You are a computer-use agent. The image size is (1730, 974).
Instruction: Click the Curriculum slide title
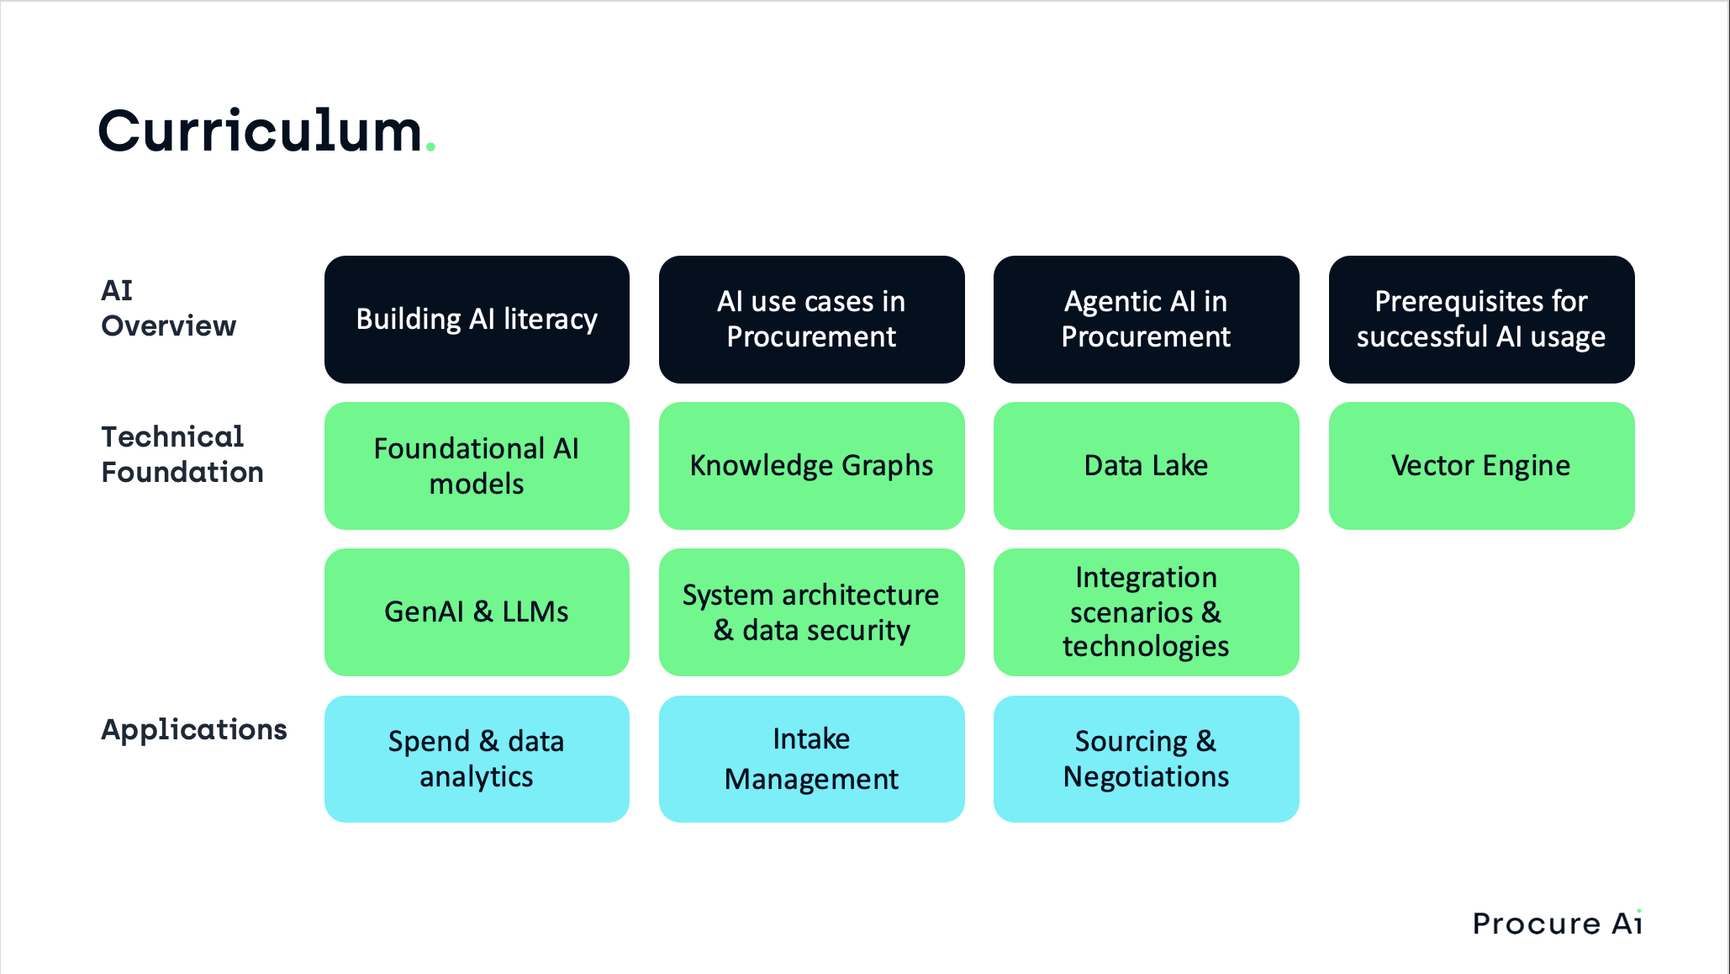261,132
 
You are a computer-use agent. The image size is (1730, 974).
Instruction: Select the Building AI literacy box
477,320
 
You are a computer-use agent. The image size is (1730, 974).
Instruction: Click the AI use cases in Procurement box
811,320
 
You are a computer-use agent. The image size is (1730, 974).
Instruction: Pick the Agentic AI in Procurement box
1146,320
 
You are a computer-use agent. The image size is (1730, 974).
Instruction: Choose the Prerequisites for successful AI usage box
1481,320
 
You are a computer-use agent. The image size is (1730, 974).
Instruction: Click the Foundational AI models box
477,466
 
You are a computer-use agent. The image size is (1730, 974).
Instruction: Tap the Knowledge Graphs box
811,466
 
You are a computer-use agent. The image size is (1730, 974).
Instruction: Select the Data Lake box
1146,466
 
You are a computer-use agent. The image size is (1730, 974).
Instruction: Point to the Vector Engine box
1481,466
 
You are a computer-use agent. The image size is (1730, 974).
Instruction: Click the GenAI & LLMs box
477,612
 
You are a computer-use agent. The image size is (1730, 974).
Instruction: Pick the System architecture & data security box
811,612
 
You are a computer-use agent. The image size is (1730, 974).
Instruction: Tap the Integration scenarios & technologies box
1146,612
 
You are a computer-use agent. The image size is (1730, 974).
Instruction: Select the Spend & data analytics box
477,759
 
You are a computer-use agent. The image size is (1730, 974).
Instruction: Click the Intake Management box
811,759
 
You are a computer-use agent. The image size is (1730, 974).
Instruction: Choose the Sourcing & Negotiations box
1146,759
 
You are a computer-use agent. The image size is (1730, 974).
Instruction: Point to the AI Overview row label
168,309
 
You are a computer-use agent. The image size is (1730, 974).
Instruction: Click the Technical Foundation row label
182,455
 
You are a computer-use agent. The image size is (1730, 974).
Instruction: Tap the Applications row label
193,729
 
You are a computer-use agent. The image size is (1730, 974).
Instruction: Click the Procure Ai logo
1557,924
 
